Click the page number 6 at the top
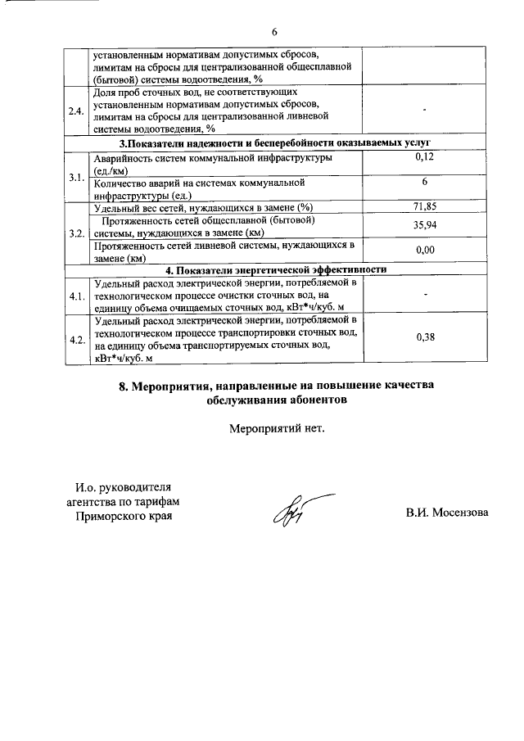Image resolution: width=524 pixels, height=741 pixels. pos(275,31)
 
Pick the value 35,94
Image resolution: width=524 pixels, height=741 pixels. pos(424,224)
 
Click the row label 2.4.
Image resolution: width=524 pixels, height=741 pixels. pos(77,111)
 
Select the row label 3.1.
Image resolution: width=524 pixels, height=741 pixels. pos(77,176)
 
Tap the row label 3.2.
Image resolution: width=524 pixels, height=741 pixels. pos(77,233)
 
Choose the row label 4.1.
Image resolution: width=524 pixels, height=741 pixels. pos(77,296)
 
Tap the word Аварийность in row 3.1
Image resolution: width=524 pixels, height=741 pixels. pos(124,158)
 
